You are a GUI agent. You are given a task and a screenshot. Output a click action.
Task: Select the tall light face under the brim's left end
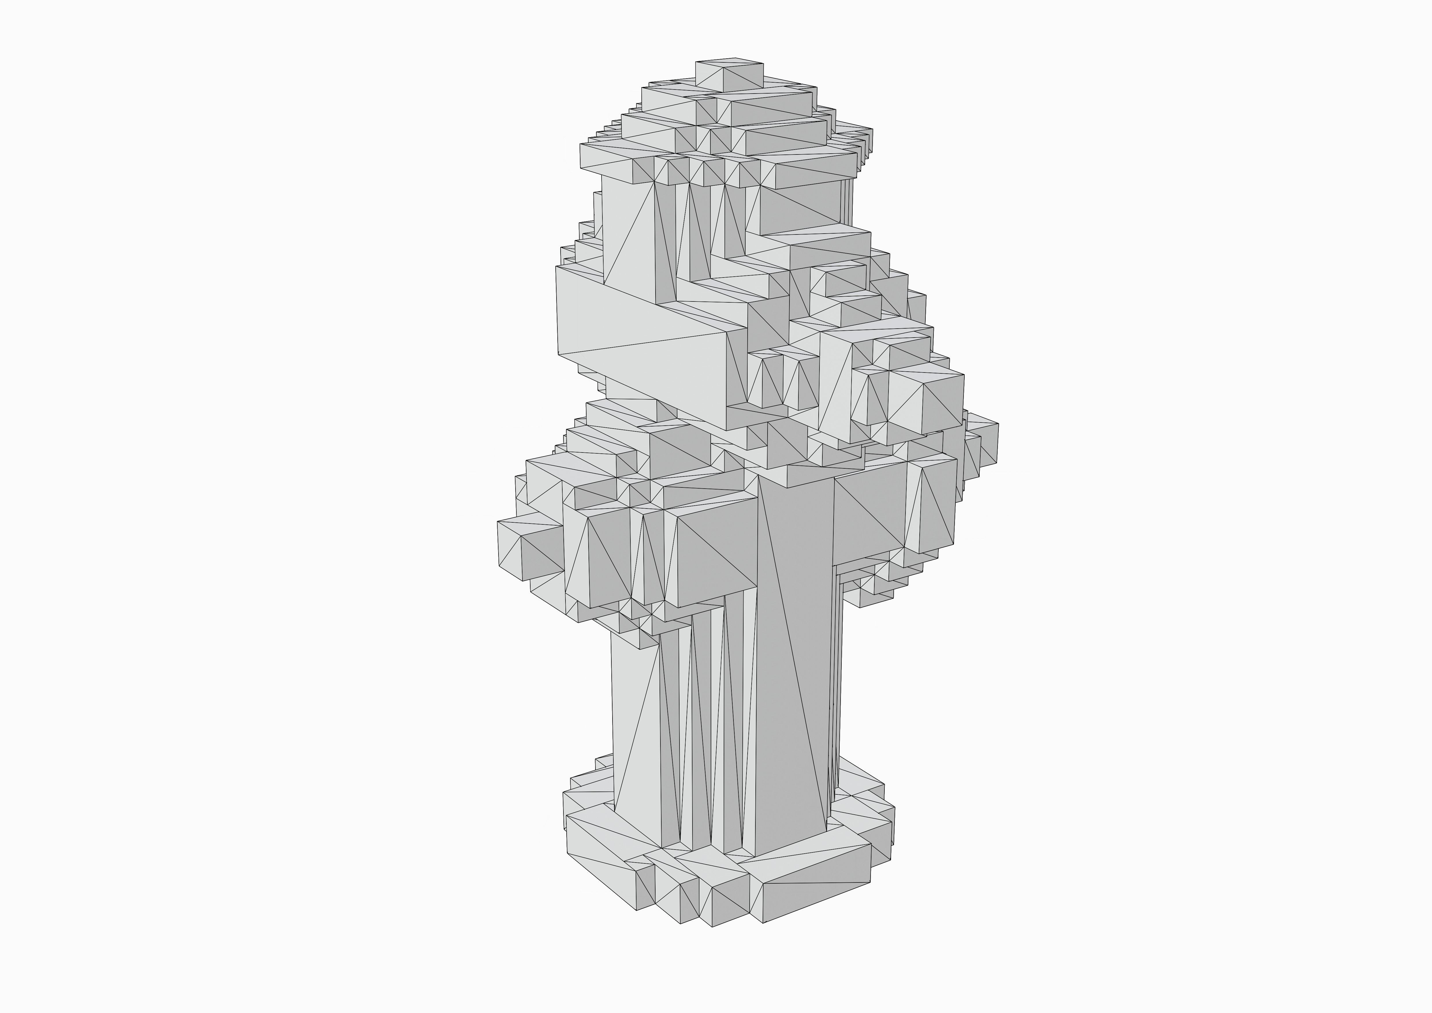(627, 231)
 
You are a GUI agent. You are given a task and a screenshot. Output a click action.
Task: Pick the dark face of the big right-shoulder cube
(942, 399)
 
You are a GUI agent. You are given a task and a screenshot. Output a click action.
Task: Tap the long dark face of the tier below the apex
(773, 112)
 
